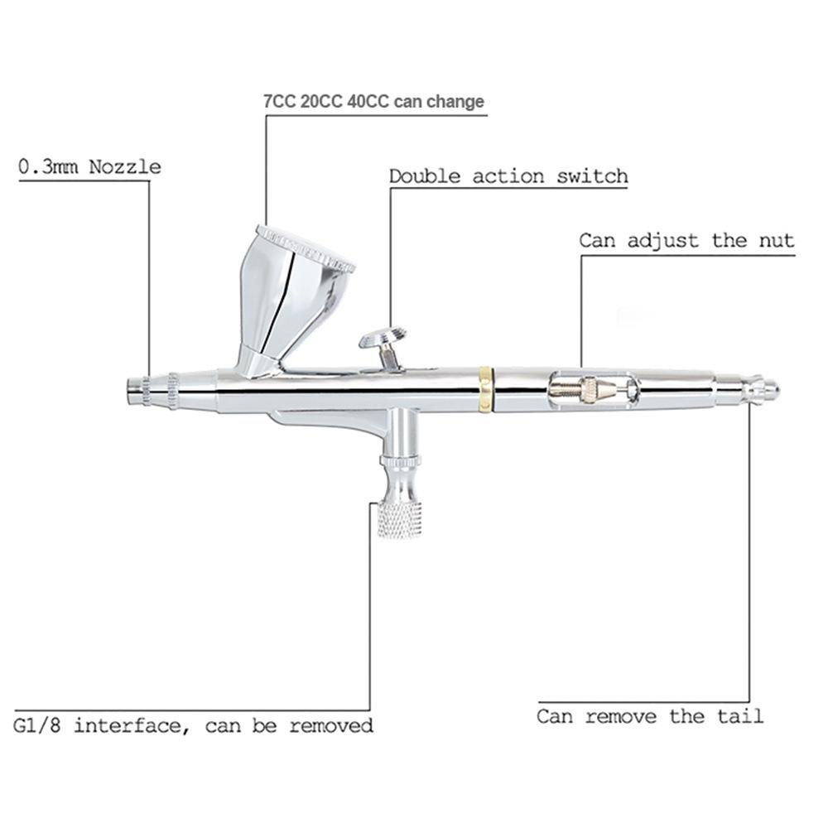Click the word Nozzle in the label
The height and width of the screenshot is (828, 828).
point(125,167)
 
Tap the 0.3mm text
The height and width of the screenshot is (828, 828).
point(48,167)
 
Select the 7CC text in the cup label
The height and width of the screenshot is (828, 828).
point(279,101)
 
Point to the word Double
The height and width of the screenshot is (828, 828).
point(425,176)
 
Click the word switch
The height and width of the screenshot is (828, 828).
point(593,176)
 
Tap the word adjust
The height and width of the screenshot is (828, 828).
point(662,241)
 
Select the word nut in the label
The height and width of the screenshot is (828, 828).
point(777,241)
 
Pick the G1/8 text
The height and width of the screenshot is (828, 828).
point(36,725)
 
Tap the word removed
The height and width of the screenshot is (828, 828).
point(331,725)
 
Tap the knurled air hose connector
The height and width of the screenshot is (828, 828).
point(400,520)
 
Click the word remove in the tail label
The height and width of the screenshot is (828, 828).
point(621,716)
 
